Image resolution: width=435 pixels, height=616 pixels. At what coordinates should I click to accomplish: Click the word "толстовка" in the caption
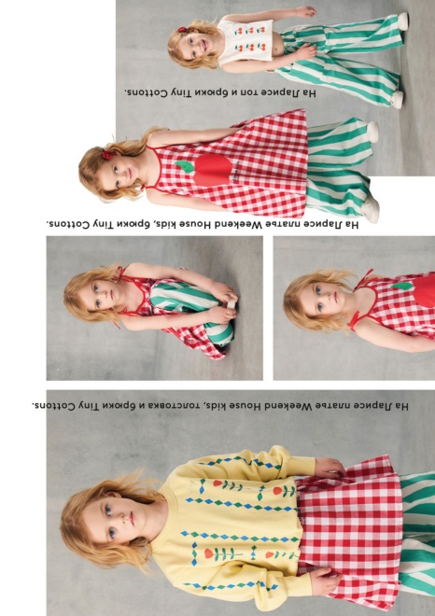point(172,406)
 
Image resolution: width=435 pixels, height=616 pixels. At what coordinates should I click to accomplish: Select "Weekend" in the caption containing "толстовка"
point(286,406)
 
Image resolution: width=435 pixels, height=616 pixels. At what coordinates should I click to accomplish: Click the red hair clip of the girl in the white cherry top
point(183,30)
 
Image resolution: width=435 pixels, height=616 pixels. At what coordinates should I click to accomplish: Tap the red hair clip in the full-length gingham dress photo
point(107,155)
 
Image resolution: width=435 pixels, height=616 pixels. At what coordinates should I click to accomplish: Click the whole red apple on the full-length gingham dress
point(212,170)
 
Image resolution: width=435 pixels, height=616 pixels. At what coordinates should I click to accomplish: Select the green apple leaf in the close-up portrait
point(402,286)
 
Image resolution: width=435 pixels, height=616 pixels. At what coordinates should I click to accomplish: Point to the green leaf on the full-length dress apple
point(185,166)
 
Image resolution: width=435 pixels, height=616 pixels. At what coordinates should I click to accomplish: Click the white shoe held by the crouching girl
point(232,303)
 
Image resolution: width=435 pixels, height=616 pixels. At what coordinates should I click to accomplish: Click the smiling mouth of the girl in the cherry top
point(203,46)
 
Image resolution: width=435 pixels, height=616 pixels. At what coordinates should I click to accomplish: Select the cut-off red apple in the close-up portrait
point(424,290)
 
